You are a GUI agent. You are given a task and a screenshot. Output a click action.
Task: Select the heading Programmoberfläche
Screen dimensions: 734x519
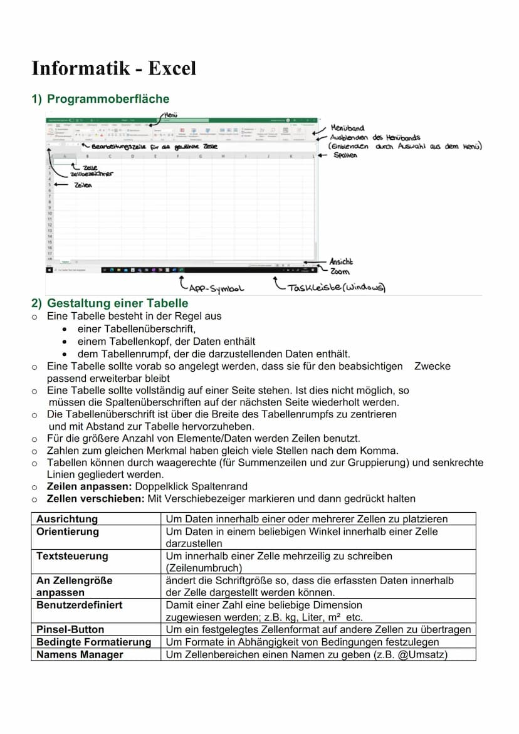[108, 99]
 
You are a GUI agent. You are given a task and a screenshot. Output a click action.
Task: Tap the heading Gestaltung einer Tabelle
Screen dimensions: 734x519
[117, 303]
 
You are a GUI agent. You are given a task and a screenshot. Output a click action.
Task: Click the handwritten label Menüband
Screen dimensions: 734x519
[347, 128]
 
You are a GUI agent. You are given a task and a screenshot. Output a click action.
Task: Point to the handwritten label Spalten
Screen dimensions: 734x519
[345, 155]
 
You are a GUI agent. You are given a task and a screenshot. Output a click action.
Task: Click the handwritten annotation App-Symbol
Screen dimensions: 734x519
[216, 289]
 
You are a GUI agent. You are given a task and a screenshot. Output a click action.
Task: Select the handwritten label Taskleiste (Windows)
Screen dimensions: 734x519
[336, 288]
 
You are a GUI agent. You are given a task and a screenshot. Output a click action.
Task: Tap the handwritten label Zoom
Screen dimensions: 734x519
[340, 271]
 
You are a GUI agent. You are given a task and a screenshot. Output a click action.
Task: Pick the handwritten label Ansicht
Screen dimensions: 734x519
[342, 261]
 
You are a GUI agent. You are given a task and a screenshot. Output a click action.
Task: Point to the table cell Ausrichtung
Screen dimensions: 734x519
[67, 519]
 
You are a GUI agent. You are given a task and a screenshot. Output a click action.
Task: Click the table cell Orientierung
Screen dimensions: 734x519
[68, 532]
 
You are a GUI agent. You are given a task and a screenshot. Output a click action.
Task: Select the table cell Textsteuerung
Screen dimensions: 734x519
[72, 556]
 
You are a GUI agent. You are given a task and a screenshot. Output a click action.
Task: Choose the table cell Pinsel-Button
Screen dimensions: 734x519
[70, 629]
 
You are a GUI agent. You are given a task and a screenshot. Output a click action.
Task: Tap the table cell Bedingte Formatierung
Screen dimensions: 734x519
[94, 642]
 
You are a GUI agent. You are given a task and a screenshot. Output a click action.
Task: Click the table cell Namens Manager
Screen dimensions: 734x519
[80, 654]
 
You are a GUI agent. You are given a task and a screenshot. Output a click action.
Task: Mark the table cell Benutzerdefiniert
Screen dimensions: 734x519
[80, 605]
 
